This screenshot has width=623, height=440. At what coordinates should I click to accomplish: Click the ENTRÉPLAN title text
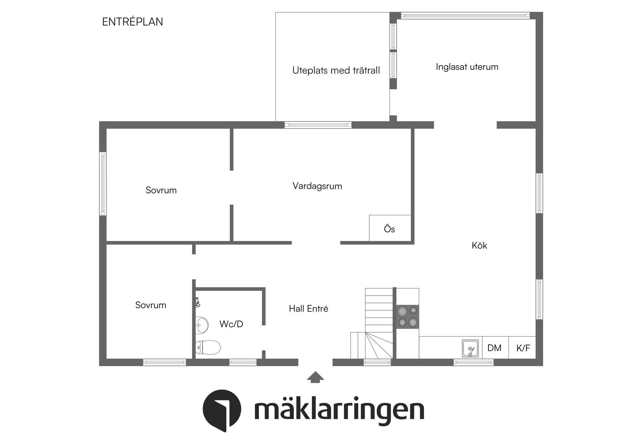pyautogui.click(x=132, y=22)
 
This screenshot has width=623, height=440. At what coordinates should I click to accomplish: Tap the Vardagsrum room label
pyautogui.click(x=317, y=186)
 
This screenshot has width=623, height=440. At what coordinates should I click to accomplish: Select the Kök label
pyautogui.click(x=479, y=245)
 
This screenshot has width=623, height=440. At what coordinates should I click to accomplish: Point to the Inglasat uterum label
pyautogui.click(x=467, y=67)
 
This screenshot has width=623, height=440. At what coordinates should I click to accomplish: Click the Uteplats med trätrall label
pyautogui.click(x=336, y=70)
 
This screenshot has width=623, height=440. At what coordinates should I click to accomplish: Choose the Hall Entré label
pyautogui.click(x=308, y=309)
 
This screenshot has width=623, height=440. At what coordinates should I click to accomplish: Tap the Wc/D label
pyautogui.click(x=231, y=324)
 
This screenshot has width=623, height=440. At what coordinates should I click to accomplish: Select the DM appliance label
pyautogui.click(x=494, y=348)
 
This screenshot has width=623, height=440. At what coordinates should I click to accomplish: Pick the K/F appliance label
pyautogui.click(x=523, y=348)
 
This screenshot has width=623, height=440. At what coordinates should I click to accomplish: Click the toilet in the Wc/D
pyautogui.click(x=208, y=347)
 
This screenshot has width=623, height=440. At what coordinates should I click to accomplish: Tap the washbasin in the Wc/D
pyautogui.click(x=202, y=325)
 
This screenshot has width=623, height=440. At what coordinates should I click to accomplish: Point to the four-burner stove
pyautogui.click(x=408, y=316)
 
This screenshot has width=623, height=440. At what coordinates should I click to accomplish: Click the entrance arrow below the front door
pyautogui.click(x=315, y=377)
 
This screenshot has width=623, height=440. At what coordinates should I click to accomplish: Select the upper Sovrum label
pyautogui.click(x=161, y=190)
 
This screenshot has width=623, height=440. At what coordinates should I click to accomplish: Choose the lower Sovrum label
pyautogui.click(x=151, y=305)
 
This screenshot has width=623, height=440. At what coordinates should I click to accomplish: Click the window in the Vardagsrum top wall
pyautogui.click(x=318, y=125)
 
